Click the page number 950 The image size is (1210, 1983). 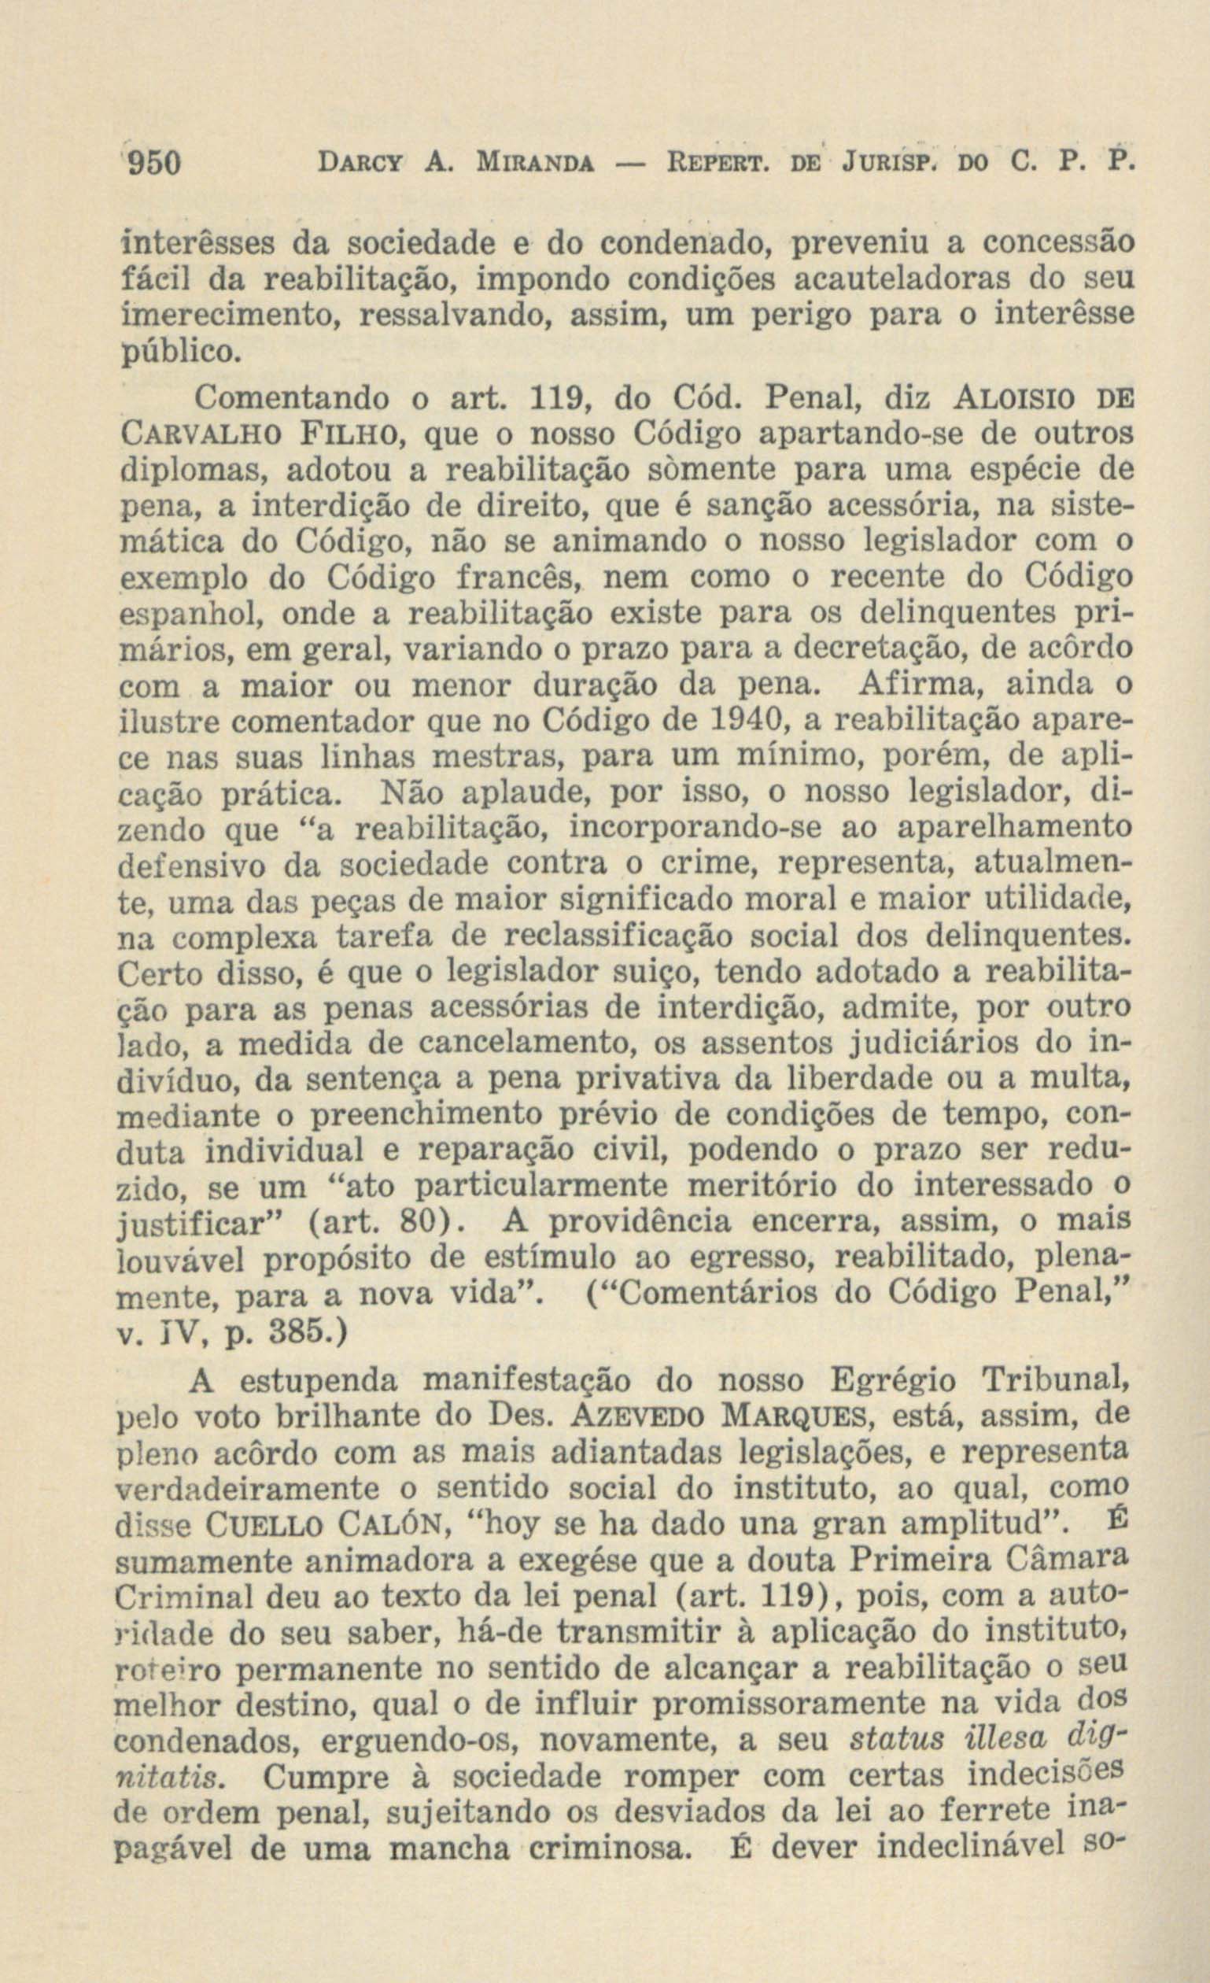[x=154, y=164]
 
